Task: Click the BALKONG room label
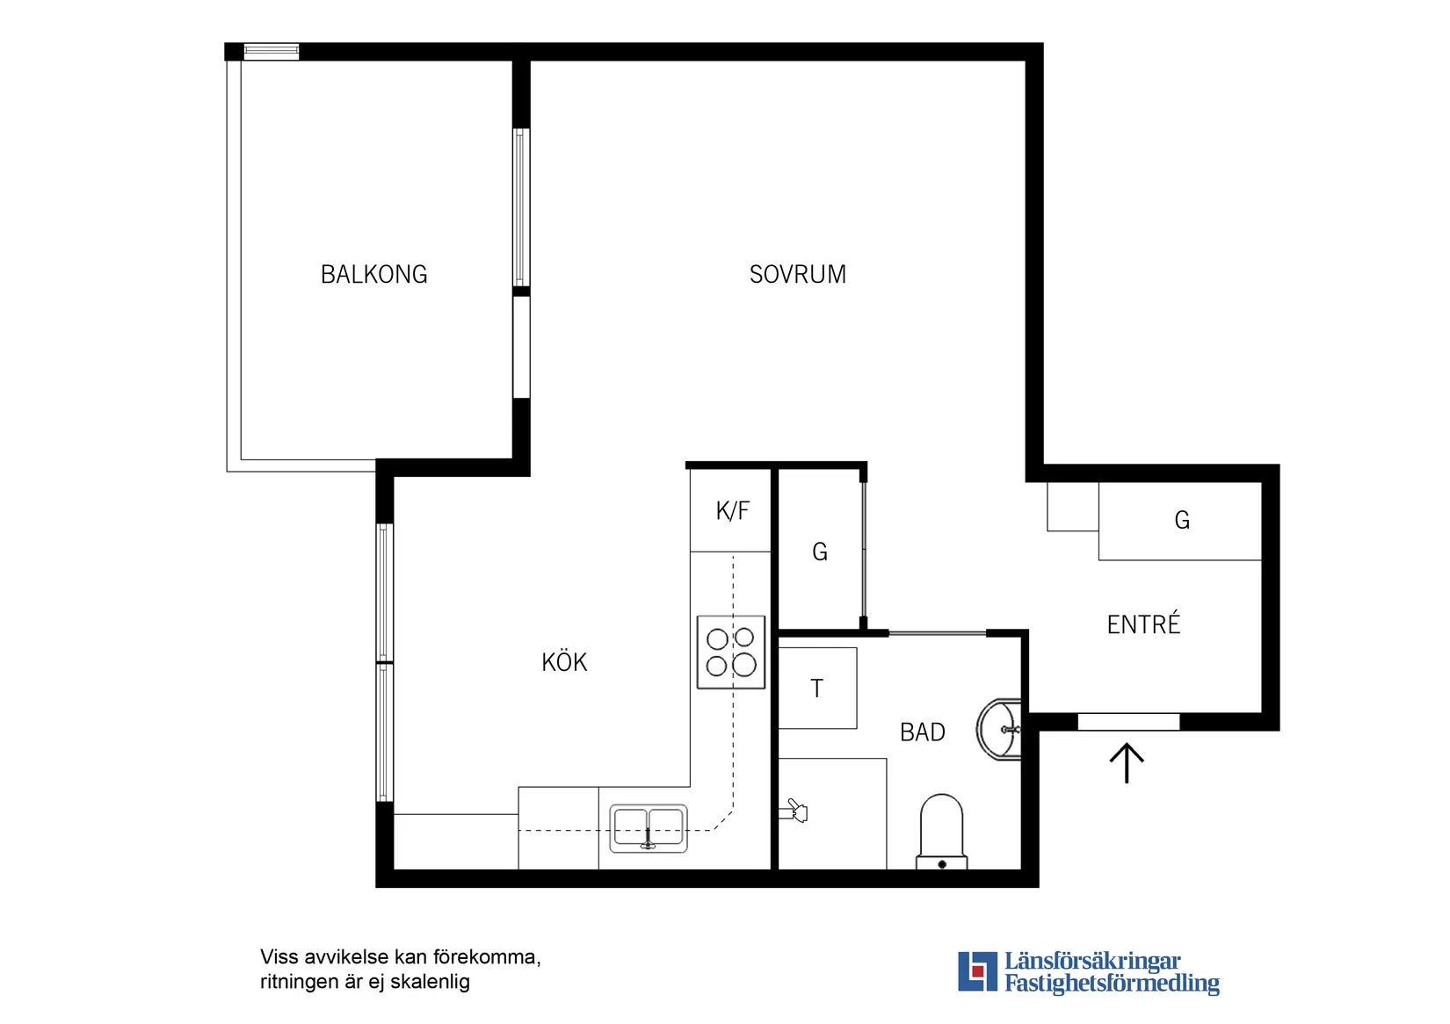click(374, 274)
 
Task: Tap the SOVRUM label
click(798, 274)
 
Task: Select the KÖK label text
click(564, 661)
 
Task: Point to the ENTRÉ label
click(1144, 624)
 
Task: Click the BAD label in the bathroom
click(923, 732)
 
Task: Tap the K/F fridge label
click(733, 511)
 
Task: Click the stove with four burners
click(731, 652)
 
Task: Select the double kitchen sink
click(648, 828)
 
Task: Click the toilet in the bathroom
click(942, 832)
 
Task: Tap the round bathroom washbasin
click(999, 729)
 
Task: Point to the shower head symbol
click(794, 811)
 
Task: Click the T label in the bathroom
click(817, 689)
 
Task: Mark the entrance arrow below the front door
click(1127, 762)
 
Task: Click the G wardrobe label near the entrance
click(1182, 520)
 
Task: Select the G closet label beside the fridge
click(820, 552)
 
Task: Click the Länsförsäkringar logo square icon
click(977, 971)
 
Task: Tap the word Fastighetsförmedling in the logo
click(1112, 983)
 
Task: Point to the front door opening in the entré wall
click(1128, 722)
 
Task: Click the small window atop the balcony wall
click(272, 52)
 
